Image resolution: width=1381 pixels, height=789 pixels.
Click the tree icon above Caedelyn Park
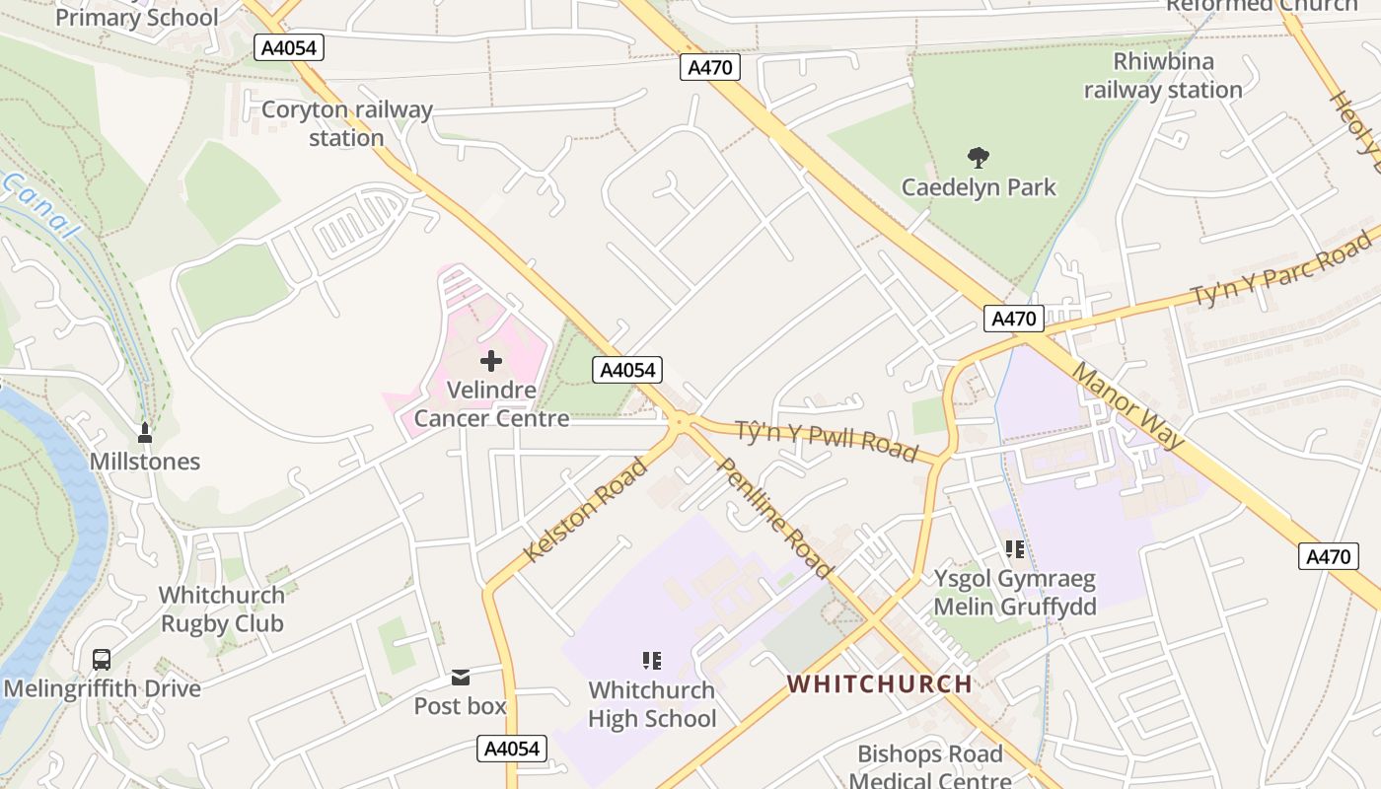pyautogui.click(x=979, y=157)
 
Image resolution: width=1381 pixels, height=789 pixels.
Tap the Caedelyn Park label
pyautogui.click(x=979, y=187)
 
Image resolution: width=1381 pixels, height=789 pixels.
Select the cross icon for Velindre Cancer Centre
pyautogui.click(x=491, y=361)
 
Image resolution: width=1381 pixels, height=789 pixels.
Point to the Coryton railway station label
pyautogui.click(x=346, y=123)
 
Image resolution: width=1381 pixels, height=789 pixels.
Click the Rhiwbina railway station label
pyautogui.click(x=1163, y=76)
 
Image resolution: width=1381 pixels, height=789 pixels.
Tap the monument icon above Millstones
pyautogui.click(x=145, y=432)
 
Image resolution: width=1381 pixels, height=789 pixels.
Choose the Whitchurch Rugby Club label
pyautogui.click(x=222, y=610)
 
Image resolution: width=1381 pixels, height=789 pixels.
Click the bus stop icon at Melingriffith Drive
pyautogui.click(x=101, y=660)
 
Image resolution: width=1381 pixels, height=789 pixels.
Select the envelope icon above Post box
pyautogui.click(x=461, y=678)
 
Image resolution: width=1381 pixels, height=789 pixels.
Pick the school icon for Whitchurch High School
pyautogui.click(x=651, y=661)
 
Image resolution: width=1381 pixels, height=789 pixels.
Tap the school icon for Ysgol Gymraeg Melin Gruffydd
pyautogui.click(x=1014, y=549)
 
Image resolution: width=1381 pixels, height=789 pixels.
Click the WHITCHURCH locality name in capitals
pyautogui.click(x=880, y=683)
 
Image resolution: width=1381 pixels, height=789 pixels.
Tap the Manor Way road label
pyautogui.click(x=1127, y=405)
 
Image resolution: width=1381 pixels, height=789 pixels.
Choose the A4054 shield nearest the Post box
pyautogui.click(x=512, y=749)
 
